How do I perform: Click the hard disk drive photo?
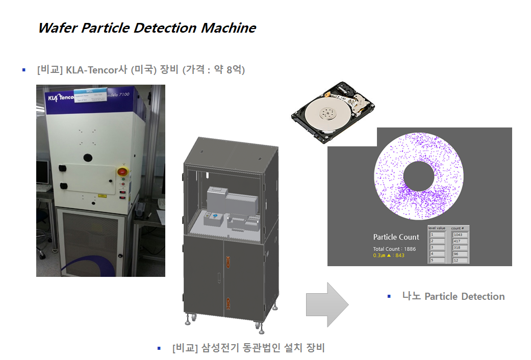click(x=331, y=115)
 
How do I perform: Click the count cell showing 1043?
click(x=459, y=235)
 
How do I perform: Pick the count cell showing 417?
click(x=459, y=241)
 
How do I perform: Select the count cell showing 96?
click(x=459, y=254)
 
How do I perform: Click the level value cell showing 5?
click(x=437, y=260)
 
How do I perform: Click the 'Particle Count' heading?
click(x=396, y=237)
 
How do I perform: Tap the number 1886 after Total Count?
click(x=410, y=249)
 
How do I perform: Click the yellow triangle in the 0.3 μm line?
click(x=389, y=255)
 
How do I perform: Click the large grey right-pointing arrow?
click(x=327, y=304)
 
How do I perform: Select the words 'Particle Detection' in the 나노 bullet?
click(x=464, y=297)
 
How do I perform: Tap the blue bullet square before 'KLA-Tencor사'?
click(x=24, y=69)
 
